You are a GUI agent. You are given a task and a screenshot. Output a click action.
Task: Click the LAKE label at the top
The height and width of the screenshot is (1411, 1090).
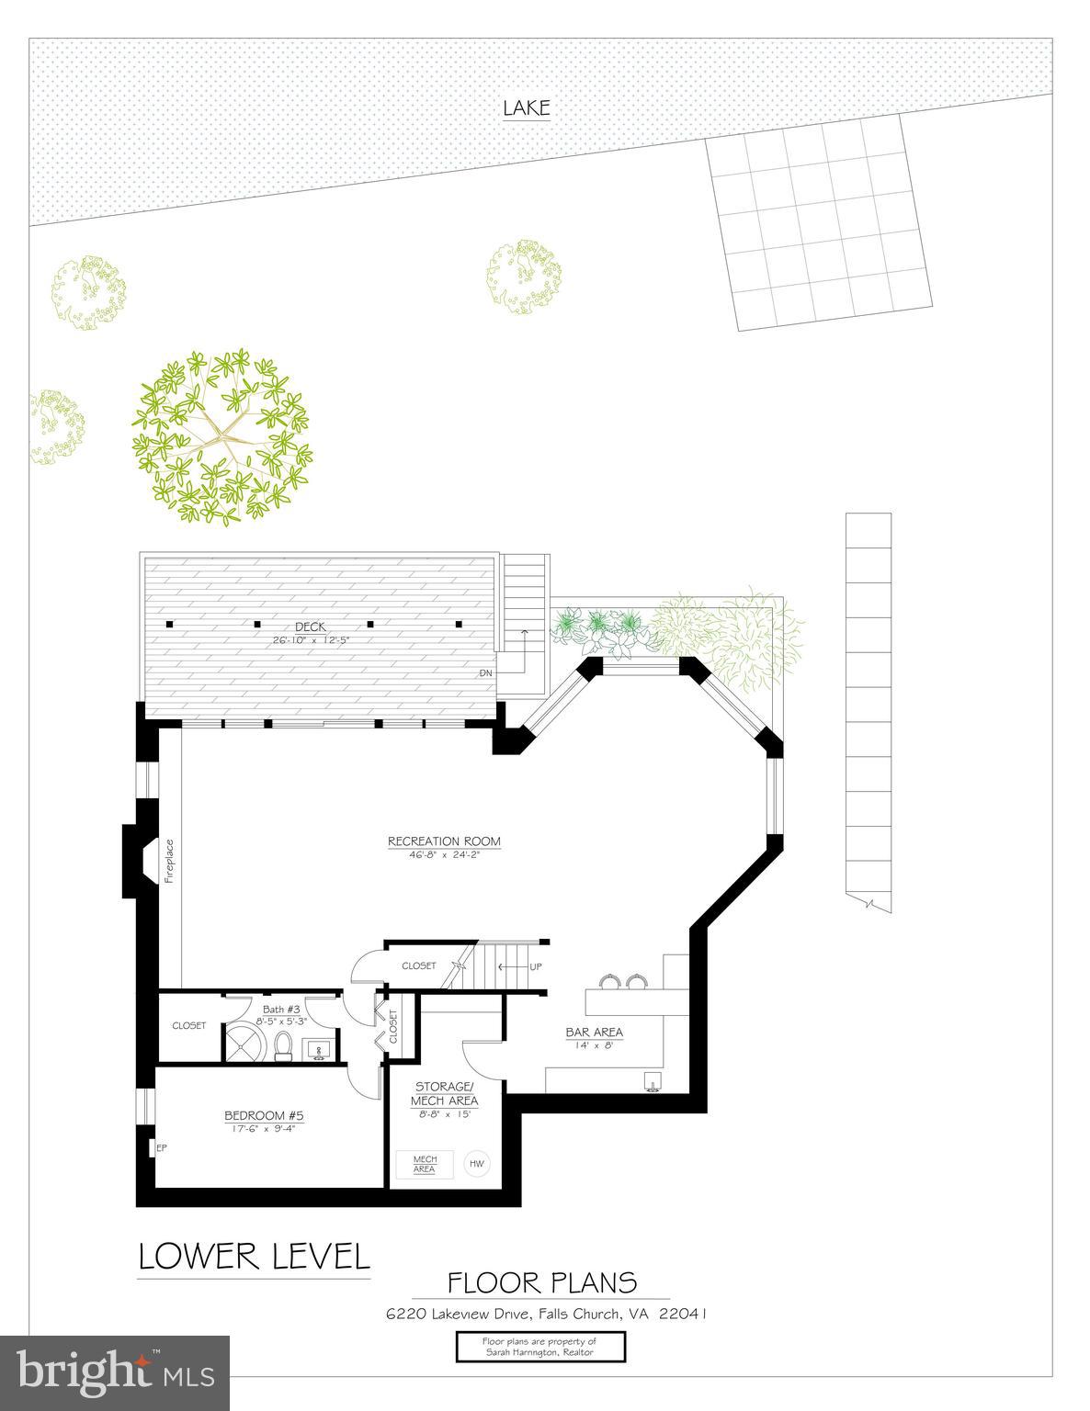(x=526, y=108)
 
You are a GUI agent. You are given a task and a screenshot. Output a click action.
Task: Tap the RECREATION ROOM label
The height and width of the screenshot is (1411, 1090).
(x=444, y=841)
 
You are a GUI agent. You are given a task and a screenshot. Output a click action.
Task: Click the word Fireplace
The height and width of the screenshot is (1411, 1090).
(x=169, y=861)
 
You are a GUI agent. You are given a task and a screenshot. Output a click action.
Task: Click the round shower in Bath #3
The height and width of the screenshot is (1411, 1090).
(x=245, y=1043)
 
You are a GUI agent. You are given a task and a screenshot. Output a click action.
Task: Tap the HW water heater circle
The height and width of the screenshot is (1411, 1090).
(x=476, y=1164)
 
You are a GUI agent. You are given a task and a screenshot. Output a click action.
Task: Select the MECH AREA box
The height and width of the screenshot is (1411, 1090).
(x=425, y=1164)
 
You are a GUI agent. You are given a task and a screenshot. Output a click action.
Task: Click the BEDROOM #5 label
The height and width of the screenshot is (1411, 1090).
(x=264, y=1116)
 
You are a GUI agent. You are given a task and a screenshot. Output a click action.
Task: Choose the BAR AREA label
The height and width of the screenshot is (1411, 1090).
(x=594, y=1032)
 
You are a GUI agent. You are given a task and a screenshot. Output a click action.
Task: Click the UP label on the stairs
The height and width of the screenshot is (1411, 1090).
(x=536, y=966)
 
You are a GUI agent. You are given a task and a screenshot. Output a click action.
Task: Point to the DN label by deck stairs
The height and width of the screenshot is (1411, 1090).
(x=486, y=672)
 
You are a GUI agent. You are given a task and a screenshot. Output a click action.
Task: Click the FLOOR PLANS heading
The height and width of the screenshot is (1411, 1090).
(x=541, y=1281)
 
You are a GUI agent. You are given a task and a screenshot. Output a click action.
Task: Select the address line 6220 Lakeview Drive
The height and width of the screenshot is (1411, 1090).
(x=545, y=1314)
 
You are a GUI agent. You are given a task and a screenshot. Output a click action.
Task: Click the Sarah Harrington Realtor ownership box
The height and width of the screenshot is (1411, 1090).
(x=540, y=1347)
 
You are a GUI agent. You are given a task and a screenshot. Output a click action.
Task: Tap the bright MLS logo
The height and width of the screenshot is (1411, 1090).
(x=115, y=1371)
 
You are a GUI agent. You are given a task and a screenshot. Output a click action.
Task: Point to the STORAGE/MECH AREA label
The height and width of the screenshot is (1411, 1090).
(x=445, y=1093)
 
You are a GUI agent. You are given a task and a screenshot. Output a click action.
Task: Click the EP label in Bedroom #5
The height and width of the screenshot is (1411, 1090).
(x=161, y=1146)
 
